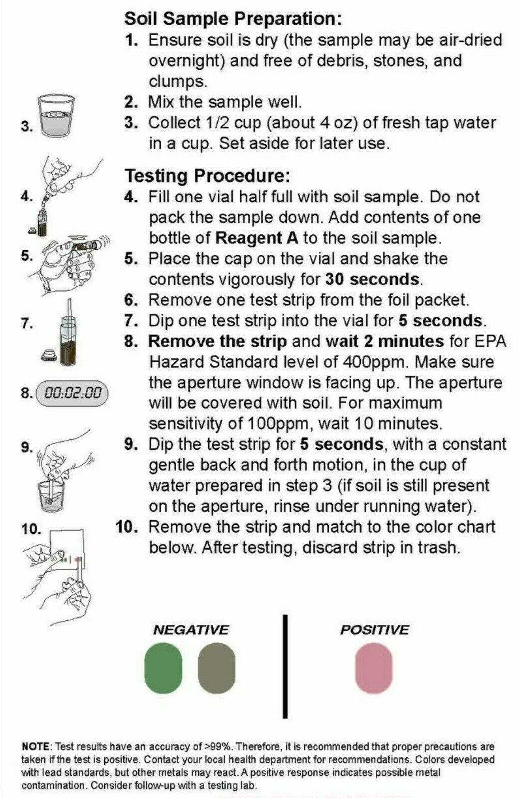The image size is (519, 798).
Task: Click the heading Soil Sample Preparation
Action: click(x=233, y=19)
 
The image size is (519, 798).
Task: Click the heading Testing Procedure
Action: click(x=207, y=176)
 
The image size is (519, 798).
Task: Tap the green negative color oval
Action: click(x=163, y=668)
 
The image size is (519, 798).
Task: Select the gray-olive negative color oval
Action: click(x=216, y=668)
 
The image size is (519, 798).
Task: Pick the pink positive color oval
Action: click(x=374, y=668)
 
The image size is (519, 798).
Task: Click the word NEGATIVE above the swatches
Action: click(x=191, y=630)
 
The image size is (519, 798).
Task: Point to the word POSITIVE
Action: click(x=374, y=630)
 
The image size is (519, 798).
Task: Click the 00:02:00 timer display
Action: click(x=72, y=393)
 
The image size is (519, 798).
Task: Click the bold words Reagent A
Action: click(x=257, y=238)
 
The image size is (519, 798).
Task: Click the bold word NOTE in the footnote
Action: click(x=36, y=747)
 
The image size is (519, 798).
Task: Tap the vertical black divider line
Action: click(x=285, y=666)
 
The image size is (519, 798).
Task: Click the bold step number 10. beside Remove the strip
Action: click(x=126, y=527)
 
